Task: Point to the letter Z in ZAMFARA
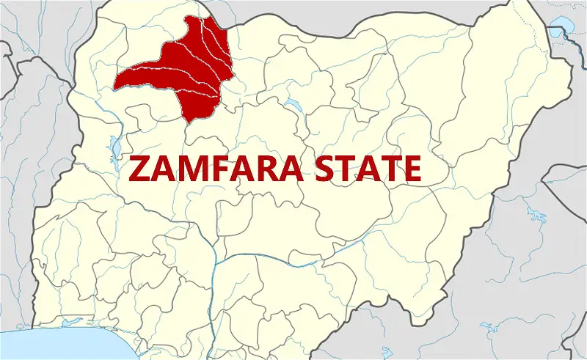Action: pyautogui.click(x=138, y=169)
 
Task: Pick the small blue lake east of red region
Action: pyautogui.click(x=293, y=103)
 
